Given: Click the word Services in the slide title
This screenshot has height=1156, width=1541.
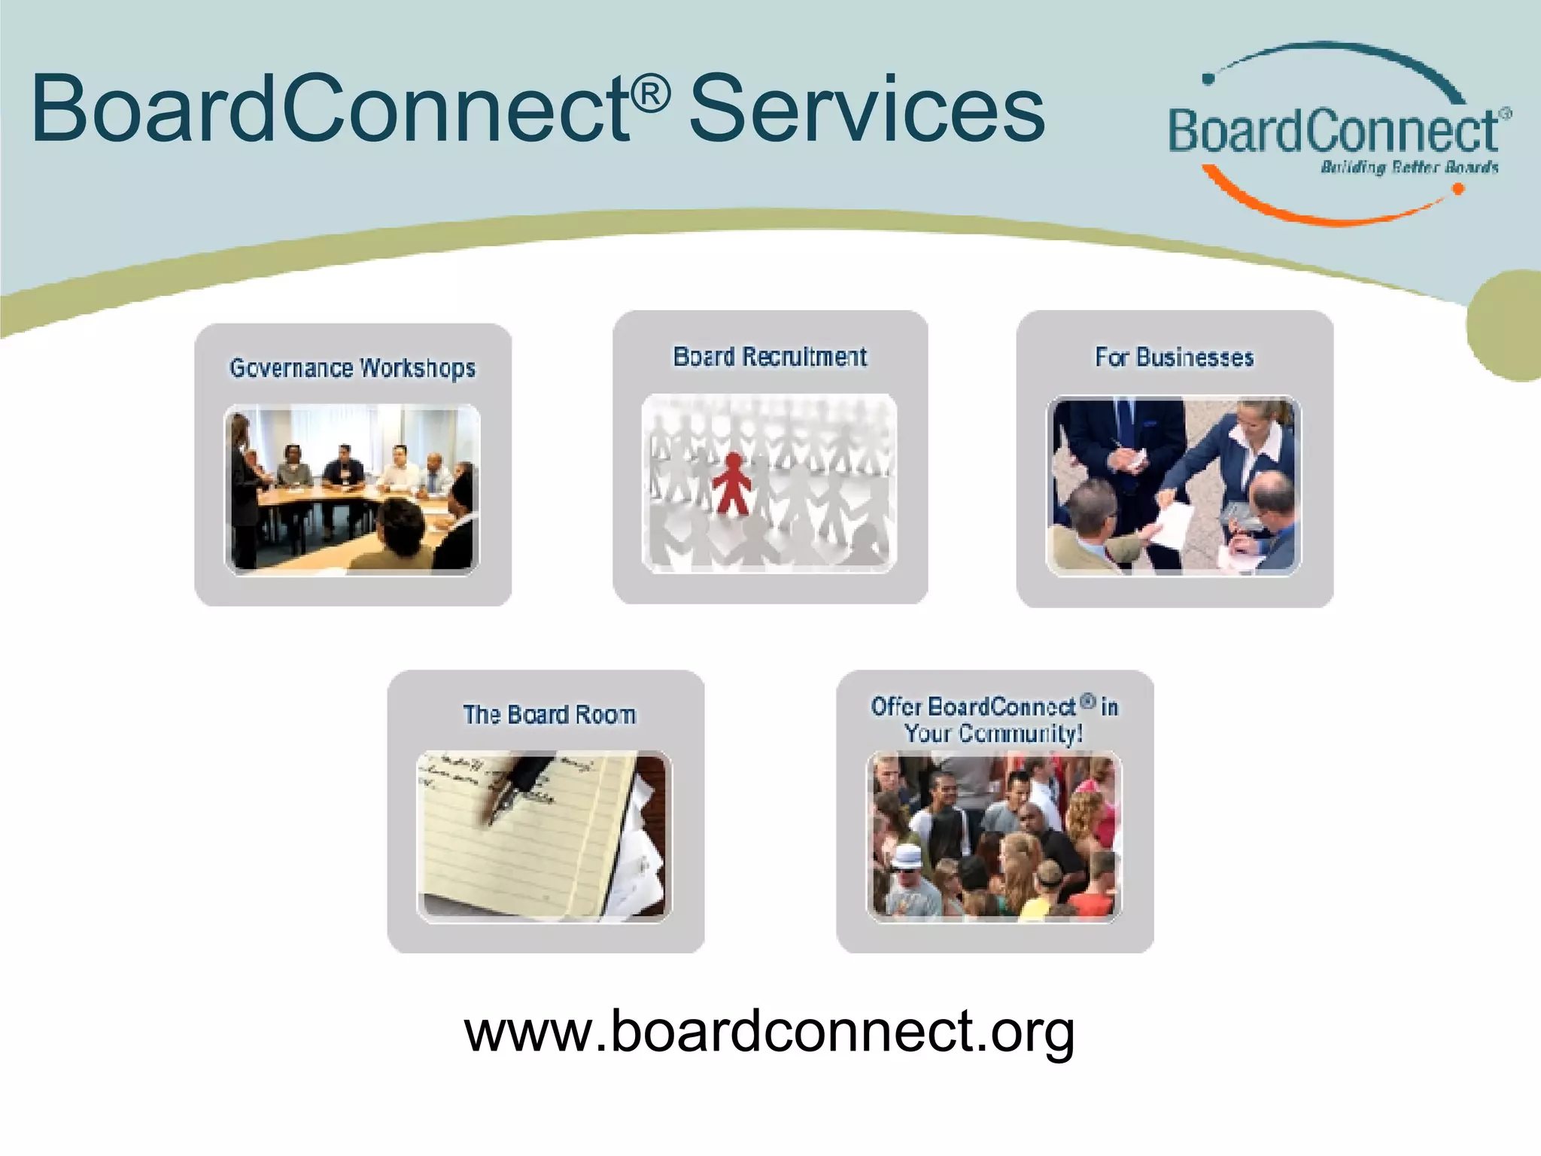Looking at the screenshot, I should (x=867, y=109).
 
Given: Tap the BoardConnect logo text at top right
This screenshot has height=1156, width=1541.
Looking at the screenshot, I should (x=1333, y=132).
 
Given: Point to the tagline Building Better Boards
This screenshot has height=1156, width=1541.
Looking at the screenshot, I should (x=1409, y=167).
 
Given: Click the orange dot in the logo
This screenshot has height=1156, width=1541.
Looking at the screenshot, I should (x=1457, y=190).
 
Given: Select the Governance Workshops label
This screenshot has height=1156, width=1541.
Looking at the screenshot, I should (x=352, y=368).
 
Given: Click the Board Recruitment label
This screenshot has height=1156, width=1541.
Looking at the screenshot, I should (x=770, y=357).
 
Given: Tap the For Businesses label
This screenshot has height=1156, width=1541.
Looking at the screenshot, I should (x=1174, y=357).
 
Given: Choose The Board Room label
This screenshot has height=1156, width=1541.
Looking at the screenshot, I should (x=549, y=714).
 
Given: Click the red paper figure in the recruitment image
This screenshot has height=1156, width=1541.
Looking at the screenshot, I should (x=731, y=482).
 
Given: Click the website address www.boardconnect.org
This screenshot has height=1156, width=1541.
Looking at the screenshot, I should (x=769, y=1031).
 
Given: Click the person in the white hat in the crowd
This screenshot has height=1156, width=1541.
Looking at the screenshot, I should (x=908, y=862).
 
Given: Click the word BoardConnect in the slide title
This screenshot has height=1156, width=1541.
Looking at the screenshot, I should (x=331, y=109).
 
